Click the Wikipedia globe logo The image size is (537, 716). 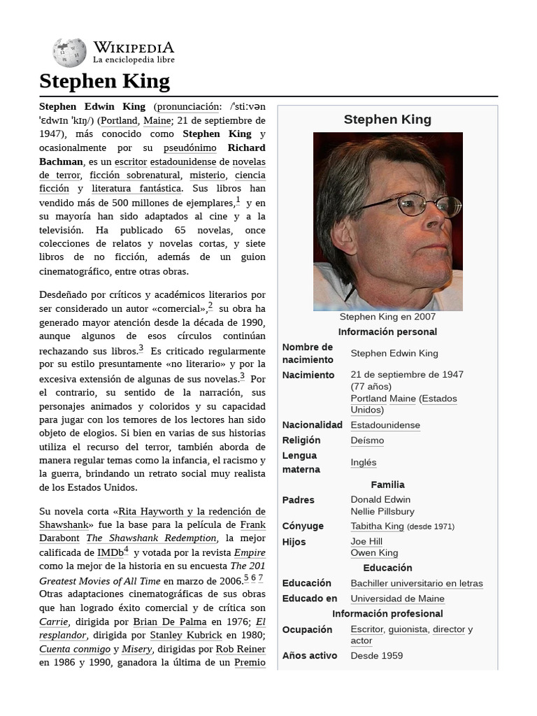click(69, 53)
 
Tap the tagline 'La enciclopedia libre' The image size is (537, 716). click(134, 61)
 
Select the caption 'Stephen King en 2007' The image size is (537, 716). click(387, 317)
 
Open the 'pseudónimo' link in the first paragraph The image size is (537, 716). click(189, 148)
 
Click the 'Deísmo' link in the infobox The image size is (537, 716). click(367, 441)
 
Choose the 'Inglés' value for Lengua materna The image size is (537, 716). click(364, 462)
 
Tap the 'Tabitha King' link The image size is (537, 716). click(377, 527)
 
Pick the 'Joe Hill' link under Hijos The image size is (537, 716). click(366, 541)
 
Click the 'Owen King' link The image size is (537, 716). click(374, 553)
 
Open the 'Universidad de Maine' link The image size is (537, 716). click(397, 599)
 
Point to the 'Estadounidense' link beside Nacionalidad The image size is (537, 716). click(385, 425)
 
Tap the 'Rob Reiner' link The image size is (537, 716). click(240, 649)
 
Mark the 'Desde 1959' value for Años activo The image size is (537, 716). click(376, 656)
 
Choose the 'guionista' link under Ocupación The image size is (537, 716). click(408, 629)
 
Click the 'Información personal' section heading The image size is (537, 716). click(387, 332)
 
